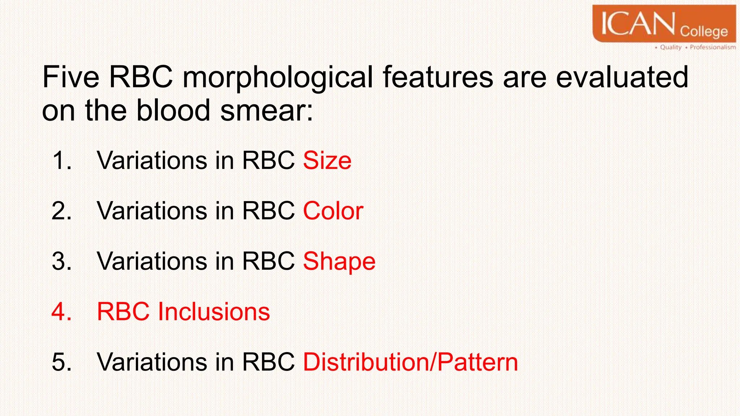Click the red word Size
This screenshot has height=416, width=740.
click(327, 160)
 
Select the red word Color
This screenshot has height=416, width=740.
click(333, 211)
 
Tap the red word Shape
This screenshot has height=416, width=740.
click(339, 261)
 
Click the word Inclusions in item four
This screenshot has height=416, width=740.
click(214, 312)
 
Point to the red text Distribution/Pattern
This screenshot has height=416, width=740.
click(410, 362)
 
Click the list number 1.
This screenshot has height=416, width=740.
click(61, 160)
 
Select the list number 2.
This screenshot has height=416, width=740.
click(61, 211)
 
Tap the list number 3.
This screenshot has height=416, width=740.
click(61, 261)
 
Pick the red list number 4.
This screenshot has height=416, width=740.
click(61, 312)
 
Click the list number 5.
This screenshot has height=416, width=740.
click(61, 362)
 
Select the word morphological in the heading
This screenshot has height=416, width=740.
click(277, 78)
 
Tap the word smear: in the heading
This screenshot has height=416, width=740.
click(266, 110)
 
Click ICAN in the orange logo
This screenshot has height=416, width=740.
click(638, 24)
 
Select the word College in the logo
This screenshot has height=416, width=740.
click(704, 31)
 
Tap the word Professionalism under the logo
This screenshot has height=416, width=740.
click(713, 47)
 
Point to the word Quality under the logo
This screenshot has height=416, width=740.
click(671, 47)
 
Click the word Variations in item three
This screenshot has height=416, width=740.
click(152, 261)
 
